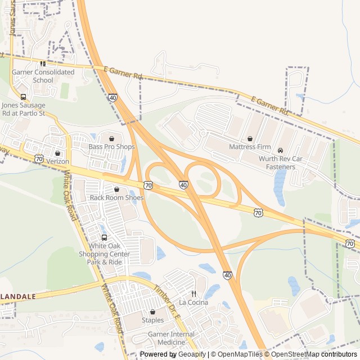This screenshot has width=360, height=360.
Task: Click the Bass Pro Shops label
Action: click(111, 147)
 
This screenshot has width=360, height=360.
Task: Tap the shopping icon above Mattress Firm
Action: click(250, 139)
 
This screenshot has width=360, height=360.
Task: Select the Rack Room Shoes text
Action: click(116, 197)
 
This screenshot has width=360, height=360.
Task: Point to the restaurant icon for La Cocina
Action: click(193, 294)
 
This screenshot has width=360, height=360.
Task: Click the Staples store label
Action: click(152, 320)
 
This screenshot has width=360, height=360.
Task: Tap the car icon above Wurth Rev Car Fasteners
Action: click(280, 150)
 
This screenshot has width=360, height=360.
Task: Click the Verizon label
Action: click(57, 161)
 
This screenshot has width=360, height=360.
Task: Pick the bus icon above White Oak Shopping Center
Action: click(104, 237)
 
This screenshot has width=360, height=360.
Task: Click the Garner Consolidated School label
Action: click(43, 76)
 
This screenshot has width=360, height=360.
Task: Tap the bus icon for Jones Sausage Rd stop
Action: click(23, 96)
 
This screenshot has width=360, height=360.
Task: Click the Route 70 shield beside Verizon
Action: click(39, 159)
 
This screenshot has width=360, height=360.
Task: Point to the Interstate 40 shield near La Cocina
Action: click(227, 275)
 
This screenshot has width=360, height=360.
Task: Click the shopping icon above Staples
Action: click(152, 312)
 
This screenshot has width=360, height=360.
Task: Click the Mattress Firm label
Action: click(250, 147)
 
